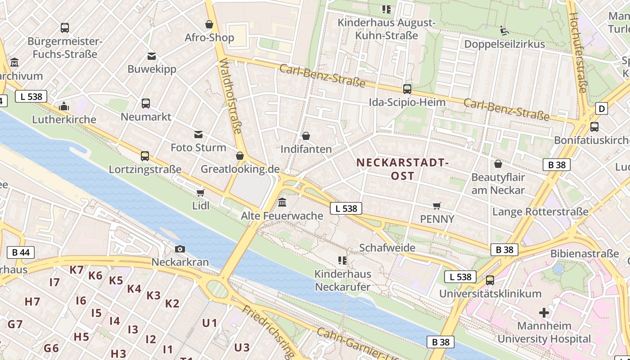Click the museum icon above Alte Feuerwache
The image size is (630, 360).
pos(282,202)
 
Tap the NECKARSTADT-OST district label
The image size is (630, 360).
pos(402,169)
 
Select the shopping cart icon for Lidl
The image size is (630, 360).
pos(201,193)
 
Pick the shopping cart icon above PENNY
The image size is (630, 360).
pos(436,206)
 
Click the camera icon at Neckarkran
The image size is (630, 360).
pos(180,249)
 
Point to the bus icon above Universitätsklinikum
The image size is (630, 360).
pos(490,280)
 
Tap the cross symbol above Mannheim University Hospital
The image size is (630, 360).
pos(544,312)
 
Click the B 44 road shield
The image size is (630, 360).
pos(21,252)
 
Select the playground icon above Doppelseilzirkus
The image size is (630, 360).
pos(504,31)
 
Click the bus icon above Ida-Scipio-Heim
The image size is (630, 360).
pos(407,89)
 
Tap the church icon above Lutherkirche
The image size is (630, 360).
pos(64,107)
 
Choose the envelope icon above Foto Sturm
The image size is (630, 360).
pos(198,135)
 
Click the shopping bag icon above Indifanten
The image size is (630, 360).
pos(306,136)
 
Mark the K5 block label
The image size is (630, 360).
pos(116,280)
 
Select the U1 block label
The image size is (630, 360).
pos(210,323)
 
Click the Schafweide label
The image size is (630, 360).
pos(387,247)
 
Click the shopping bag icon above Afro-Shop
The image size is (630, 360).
pos(209,24)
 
